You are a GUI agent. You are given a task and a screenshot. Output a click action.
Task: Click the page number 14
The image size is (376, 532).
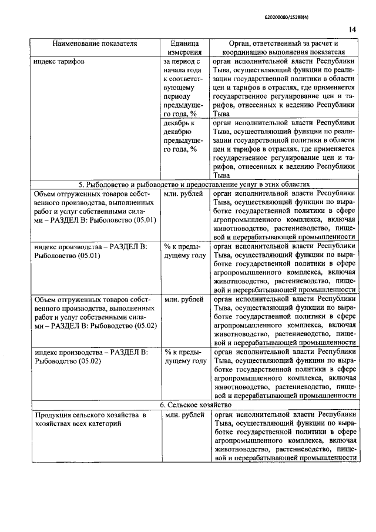click(352, 30)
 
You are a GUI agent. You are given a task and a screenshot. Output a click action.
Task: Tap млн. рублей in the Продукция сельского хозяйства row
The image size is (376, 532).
click(183, 416)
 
